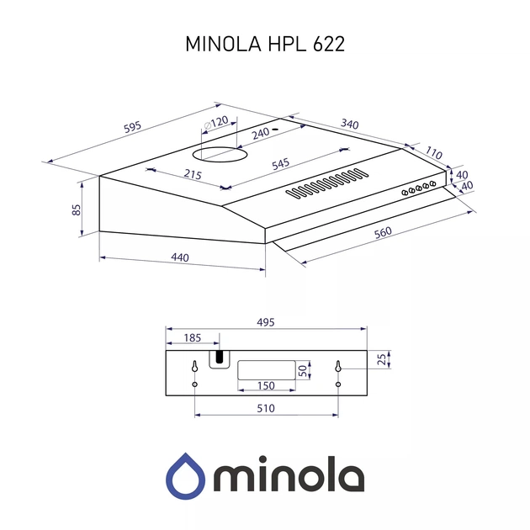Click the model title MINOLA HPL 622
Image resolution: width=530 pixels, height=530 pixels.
pyautogui.click(x=264, y=45)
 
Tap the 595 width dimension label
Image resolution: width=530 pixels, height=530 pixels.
pyautogui.click(x=133, y=127)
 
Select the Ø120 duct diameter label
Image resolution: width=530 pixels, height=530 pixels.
pyautogui.click(x=215, y=123)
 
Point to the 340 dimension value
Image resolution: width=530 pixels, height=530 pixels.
pyautogui.click(x=349, y=125)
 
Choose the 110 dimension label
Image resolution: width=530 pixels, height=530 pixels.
pyautogui.click(x=433, y=153)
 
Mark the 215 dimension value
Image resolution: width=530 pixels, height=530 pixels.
pyautogui.click(x=193, y=174)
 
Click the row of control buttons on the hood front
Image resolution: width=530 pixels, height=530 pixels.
pyautogui.click(x=417, y=188)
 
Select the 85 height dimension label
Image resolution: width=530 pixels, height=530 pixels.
pyautogui.click(x=76, y=209)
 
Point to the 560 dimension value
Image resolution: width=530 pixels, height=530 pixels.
pyautogui.click(x=384, y=233)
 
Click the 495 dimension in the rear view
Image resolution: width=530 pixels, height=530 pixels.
pyautogui.click(x=266, y=322)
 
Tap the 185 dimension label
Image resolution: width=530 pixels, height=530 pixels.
pyautogui.click(x=192, y=337)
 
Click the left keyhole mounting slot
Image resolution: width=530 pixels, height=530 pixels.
pyautogui.click(x=195, y=368)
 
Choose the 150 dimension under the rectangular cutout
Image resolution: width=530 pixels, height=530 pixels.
pyautogui.click(x=266, y=386)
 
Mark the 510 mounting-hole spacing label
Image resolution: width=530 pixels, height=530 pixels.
pyautogui.click(x=266, y=408)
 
